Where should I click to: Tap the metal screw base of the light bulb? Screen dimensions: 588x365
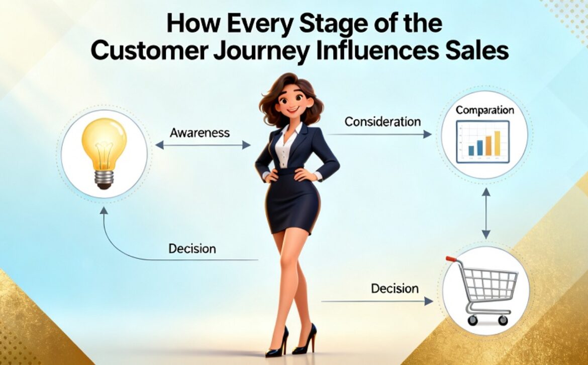(x=104, y=180)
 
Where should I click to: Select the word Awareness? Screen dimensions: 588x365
(x=200, y=132)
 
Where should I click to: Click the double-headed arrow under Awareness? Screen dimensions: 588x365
(x=203, y=145)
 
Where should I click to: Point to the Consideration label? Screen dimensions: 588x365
(x=382, y=122)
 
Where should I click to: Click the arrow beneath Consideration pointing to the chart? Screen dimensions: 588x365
(x=380, y=134)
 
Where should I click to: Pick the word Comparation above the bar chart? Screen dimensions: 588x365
(x=484, y=110)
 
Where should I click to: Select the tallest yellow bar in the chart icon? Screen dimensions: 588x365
(x=497, y=143)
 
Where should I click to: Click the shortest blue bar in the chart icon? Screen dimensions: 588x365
(x=471, y=151)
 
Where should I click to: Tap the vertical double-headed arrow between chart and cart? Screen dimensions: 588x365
(x=486, y=213)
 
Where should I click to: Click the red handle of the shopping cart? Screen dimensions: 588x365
(x=451, y=259)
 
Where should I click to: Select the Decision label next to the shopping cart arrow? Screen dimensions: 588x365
(x=395, y=288)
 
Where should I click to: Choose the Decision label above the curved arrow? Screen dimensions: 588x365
(x=192, y=249)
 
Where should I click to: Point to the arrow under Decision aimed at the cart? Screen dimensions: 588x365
(x=377, y=301)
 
